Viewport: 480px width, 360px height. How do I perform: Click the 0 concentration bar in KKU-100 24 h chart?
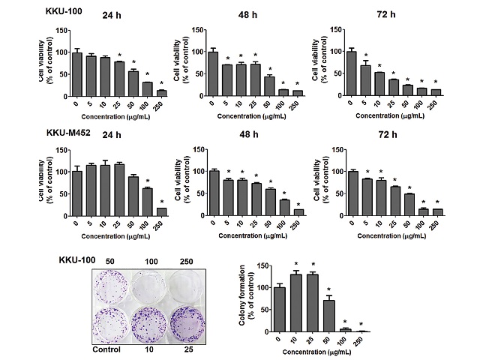coord(76,73)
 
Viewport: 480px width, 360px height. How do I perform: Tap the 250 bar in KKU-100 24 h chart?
coord(161,92)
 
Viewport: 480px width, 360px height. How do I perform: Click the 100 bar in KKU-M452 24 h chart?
coord(147,202)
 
